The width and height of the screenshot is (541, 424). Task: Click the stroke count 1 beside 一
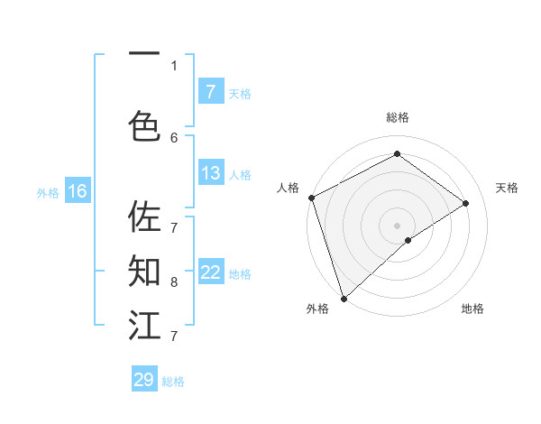click(174, 65)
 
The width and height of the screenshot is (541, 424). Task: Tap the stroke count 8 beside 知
click(174, 281)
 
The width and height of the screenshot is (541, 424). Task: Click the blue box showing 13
click(211, 173)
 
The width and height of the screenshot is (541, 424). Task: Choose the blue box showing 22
click(211, 272)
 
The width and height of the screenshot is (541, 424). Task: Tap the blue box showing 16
click(78, 191)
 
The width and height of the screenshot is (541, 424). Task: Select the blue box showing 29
click(144, 380)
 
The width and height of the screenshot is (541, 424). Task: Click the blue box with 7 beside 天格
click(211, 92)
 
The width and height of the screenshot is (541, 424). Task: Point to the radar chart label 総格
click(397, 117)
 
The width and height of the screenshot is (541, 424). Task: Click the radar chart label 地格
click(472, 309)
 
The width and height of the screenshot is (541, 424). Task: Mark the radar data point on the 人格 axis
click(311, 198)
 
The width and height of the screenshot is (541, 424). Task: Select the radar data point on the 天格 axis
click(466, 203)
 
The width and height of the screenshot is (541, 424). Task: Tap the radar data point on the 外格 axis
click(343, 297)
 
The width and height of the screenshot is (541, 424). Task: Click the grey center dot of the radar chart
click(397, 225)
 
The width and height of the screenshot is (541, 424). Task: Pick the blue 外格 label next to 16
click(48, 192)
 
